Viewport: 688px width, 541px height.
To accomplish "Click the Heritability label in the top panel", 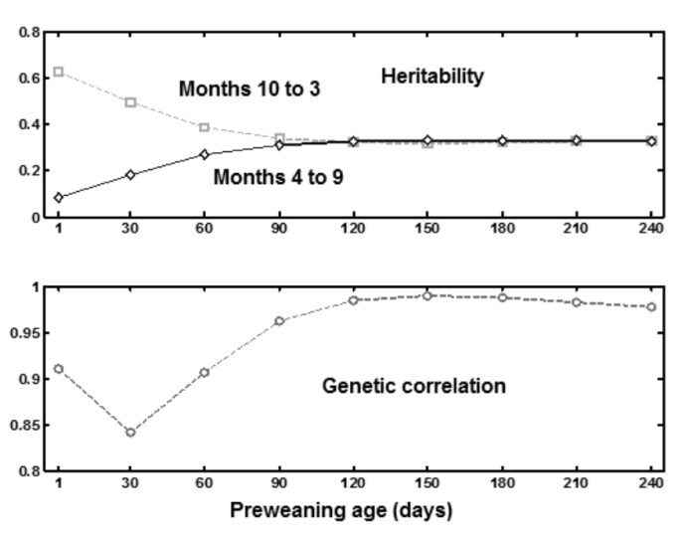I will [432, 77].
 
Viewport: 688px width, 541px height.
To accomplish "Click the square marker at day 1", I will [59, 72].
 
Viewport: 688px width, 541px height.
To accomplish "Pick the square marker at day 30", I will [131, 102].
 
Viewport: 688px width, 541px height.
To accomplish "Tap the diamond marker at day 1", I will [59, 197].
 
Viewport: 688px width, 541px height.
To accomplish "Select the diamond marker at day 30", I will [131, 175].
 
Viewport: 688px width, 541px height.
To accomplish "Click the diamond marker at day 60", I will [205, 154].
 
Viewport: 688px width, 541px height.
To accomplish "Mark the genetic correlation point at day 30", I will [131, 432].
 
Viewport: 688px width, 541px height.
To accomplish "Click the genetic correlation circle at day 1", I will [59, 369].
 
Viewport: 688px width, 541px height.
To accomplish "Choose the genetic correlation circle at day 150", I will [428, 295].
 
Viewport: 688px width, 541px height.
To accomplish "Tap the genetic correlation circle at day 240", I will [651, 306].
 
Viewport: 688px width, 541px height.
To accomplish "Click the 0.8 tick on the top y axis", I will [34, 33].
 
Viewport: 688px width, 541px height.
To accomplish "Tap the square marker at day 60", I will [205, 127].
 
